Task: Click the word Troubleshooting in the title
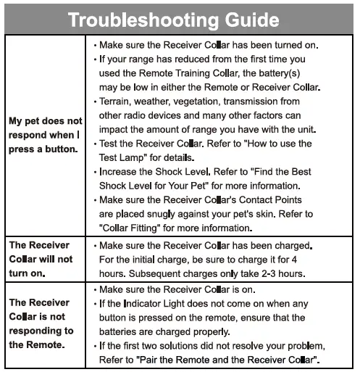point(137,19)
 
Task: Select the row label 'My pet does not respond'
point(46,135)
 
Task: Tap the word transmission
point(262,102)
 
